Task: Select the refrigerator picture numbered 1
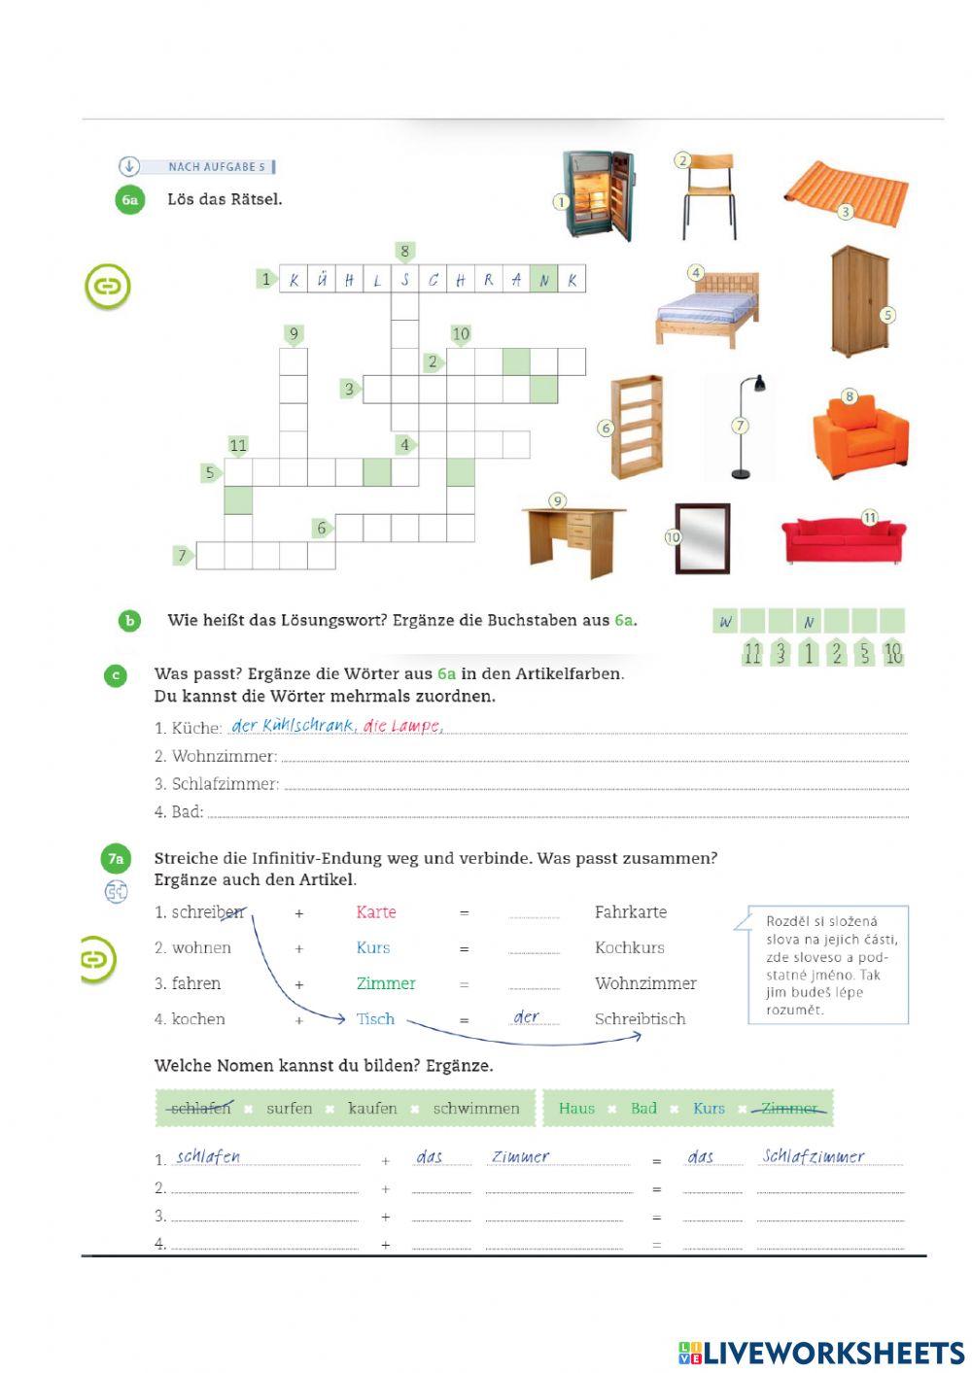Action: click(600, 195)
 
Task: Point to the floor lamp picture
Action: click(747, 428)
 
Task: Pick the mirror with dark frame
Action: click(703, 538)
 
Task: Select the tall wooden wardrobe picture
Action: click(859, 301)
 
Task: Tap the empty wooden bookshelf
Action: click(637, 427)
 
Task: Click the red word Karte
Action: click(375, 912)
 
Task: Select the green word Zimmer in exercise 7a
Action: click(385, 983)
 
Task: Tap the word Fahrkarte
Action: click(630, 912)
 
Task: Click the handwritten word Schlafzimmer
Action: click(813, 1156)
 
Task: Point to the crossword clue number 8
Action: click(405, 252)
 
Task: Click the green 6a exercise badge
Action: click(129, 200)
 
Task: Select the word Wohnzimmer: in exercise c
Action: click(224, 756)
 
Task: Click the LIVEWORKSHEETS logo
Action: click(821, 1352)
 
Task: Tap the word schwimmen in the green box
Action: click(476, 1108)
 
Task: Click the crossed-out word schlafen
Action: click(199, 1108)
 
